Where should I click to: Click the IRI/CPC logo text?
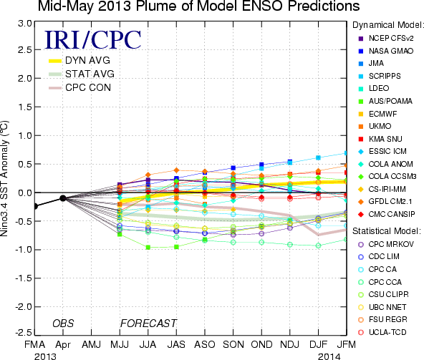(x=93, y=40)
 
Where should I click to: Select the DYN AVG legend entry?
(x=79, y=60)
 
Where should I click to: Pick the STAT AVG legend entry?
(x=82, y=74)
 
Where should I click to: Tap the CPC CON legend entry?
(x=79, y=87)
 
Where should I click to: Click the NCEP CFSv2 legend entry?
(x=386, y=39)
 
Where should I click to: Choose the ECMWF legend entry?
(x=377, y=114)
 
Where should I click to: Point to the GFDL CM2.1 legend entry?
(x=385, y=201)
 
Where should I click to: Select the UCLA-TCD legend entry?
(x=382, y=332)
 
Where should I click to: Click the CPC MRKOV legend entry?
(x=386, y=244)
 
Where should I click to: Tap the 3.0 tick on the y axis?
(x=25, y=24)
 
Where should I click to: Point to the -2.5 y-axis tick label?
(x=23, y=333)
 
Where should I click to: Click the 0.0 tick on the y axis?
(x=25, y=193)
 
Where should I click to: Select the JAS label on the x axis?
(x=176, y=344)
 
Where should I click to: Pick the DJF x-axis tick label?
(x=318, y=344)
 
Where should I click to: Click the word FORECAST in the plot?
(x=148, y=323)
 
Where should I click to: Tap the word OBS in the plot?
(x=63, y=323)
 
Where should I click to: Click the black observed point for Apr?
(x=63, y=198)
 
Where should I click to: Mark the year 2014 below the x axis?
(x=329, y=356)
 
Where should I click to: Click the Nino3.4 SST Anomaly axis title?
(x=4, y=178)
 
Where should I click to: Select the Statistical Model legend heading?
(x=387, y=231)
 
